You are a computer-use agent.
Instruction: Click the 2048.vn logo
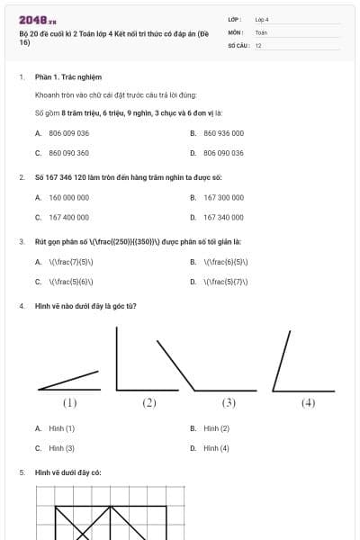(x=38, y=20)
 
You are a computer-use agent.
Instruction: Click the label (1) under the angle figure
(x=69, y=403)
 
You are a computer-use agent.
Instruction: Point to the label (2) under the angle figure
(x=149, y=403)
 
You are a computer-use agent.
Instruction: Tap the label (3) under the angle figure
(x=229, y=403)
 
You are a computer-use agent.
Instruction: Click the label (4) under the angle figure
(x=308, y=403)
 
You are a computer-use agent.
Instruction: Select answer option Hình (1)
(x=62, y=428)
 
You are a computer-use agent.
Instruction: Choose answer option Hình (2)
(x=217, y=428)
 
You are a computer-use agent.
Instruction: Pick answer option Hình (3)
(x=62, y=448)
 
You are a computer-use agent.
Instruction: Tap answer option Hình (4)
(x=217, y=448)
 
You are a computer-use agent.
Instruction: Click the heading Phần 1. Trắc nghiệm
(x=67, y=77)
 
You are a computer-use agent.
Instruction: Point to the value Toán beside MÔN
(x=261, y=31)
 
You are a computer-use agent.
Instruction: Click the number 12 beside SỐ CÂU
(x=258, y=45)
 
